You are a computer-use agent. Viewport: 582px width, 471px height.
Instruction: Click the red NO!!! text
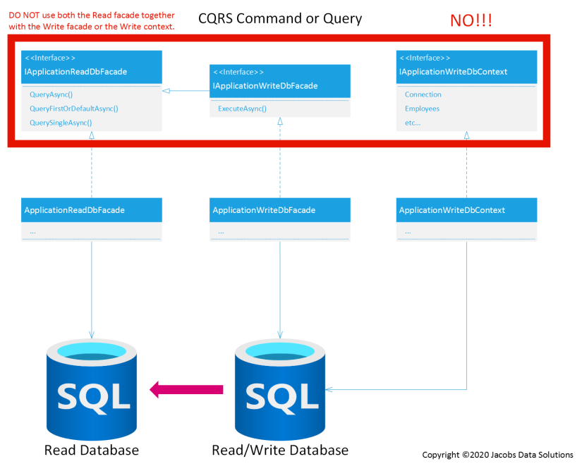pyautogui.click(x=471, y=20)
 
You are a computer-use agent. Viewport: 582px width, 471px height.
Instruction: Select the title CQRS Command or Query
pyautogui.click(x=280, y=18)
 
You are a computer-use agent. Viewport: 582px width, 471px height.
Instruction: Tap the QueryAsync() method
pyautogui.click(x=51, y=94)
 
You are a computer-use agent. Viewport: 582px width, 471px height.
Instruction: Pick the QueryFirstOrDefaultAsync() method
pyautogui.click(x=74, y=109)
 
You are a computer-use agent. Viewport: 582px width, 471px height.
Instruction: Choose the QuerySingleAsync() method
pyautogui.click(x=61, y=123)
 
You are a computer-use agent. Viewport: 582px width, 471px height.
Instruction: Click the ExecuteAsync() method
pyautogui.click(x=243, y=109)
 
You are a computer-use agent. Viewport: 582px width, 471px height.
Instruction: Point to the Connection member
pyautogui.click(x=423, y=94)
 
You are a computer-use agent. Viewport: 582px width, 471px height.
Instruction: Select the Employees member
pyautogui.click(x=422, y=109)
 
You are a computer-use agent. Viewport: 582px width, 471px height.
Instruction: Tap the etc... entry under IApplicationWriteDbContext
pyautogui.click(x=413, y=123)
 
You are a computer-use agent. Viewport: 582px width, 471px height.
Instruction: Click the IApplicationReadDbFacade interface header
pyautogui.click(x=92, y=67)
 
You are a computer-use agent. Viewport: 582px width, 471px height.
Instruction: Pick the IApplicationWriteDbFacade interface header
pyautogui.click(x=280, y=81)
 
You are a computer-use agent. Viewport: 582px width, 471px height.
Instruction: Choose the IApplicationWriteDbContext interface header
pyautogui.click(x=466, y=67)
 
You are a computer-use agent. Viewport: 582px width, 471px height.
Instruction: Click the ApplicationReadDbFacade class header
pyautogui.click(x=92, y=210)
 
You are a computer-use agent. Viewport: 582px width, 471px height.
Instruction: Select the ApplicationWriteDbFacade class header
pyautogui.click(x=280, y=210)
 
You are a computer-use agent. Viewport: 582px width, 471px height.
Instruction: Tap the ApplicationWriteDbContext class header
pyautogui.click(x=466, y=210)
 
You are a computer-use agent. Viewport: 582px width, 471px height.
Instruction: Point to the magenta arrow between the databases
pyautogui.click(x=186, y=389)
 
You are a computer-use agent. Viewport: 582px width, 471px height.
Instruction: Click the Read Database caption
pyautogui.click(x=92, y=451)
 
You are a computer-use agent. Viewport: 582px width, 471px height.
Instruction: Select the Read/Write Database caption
pyautogui.click(x=280, y=451)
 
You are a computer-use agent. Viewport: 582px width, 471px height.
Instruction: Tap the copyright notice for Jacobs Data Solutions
pyautogui.click(x=498, y=455)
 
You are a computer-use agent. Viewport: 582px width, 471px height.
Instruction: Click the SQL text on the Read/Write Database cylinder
pyautogui.click(x=282, y=397)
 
